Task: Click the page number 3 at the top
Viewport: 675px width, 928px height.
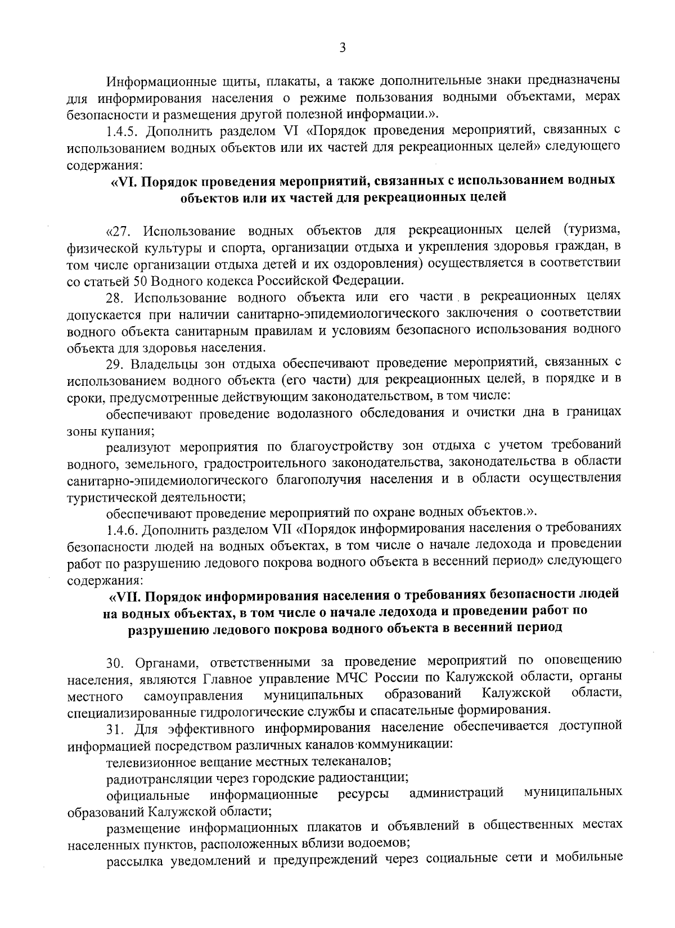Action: click(x=342, y=48)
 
